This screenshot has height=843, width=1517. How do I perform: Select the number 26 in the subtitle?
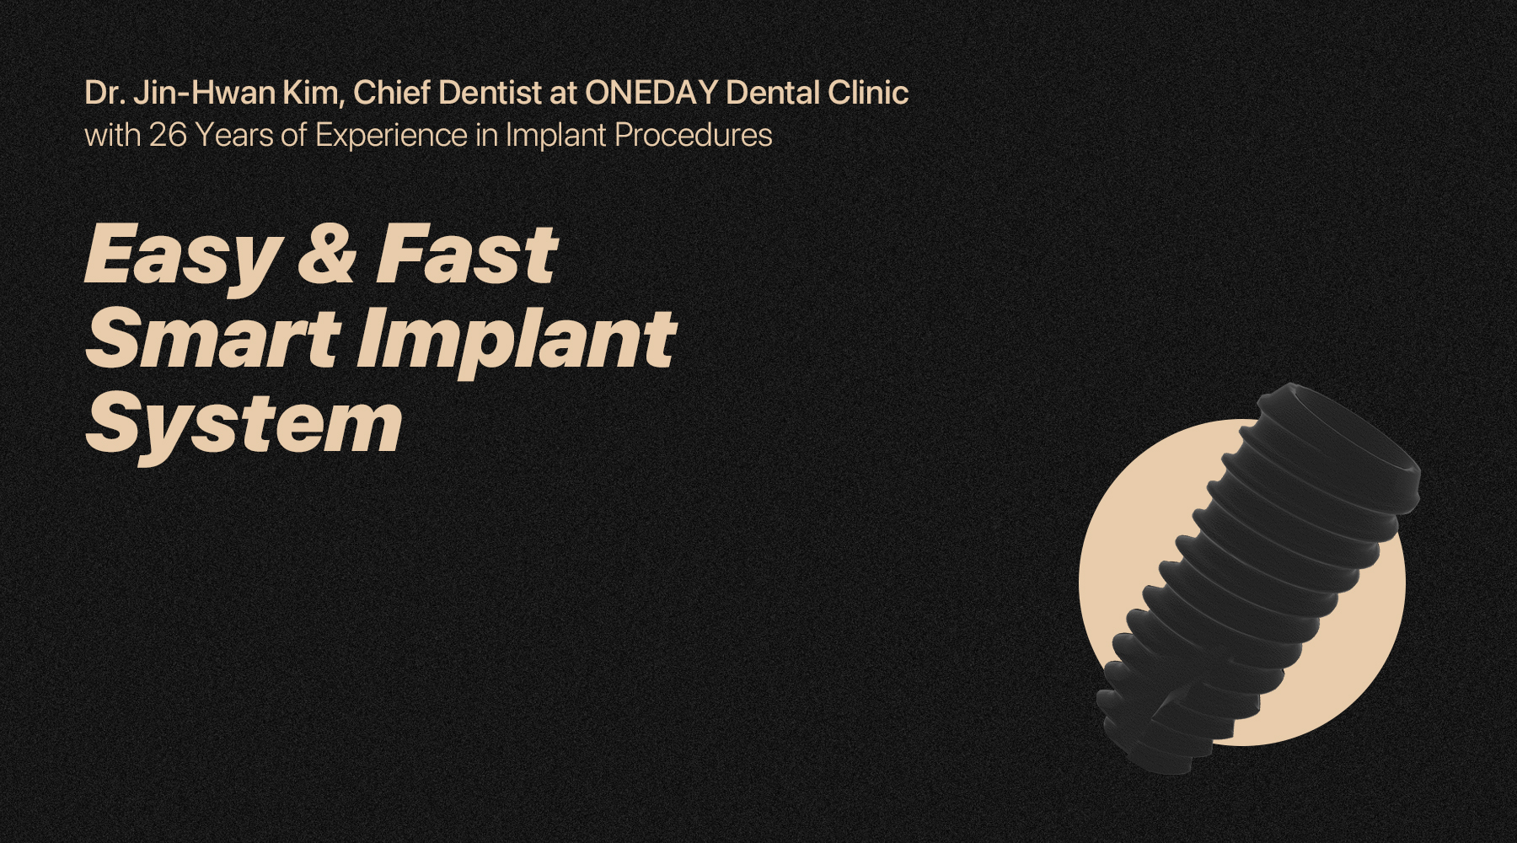tap(168, 135)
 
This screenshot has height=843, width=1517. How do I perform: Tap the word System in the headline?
tap(244, 425)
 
